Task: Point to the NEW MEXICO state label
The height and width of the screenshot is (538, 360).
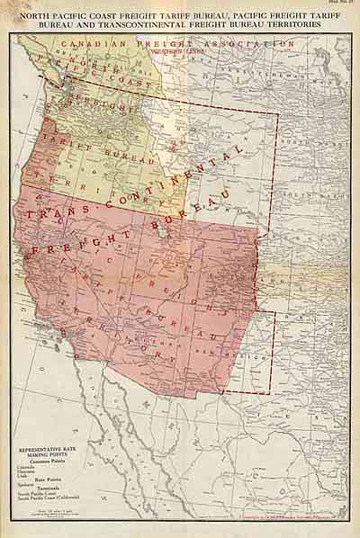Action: pos(216,346)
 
